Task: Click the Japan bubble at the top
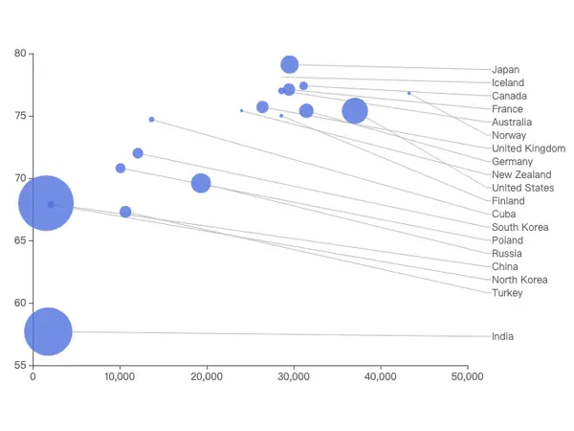290,64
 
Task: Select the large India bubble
48,331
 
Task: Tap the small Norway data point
408,93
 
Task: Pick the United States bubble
355,111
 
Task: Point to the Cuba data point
151,120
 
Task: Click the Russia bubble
201,183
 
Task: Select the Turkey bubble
125,212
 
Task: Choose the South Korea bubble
138,153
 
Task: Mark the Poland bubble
121,168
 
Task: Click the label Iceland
508,82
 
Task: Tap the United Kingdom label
528,148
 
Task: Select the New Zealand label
521,174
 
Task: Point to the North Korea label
519,280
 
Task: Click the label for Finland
508,201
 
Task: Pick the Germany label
512,162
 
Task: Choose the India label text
502,336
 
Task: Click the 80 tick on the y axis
20,54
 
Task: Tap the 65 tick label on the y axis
20,240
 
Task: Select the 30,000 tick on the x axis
294,376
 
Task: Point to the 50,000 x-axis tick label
467,376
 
